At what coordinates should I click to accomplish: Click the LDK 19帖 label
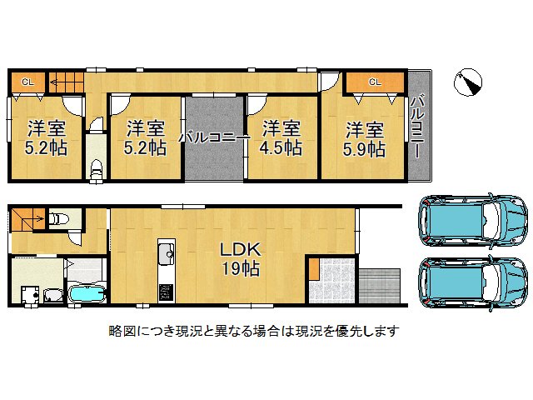click(241, 258)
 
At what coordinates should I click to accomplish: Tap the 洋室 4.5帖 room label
click(281, 138)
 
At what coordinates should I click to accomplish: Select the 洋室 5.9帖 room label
click(365, 139)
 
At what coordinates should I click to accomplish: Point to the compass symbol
click(470, 82)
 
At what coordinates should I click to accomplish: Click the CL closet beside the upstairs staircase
click(27, 82)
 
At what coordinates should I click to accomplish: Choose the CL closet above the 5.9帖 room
click(374, 82)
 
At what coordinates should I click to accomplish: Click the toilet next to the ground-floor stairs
click(59, 219)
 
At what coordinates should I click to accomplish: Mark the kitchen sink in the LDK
click(165, 252)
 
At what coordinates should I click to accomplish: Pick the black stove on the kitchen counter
click(165, 292)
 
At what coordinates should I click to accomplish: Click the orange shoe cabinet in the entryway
click(314, 269)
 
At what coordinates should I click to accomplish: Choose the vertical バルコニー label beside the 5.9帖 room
click(416, 130)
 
